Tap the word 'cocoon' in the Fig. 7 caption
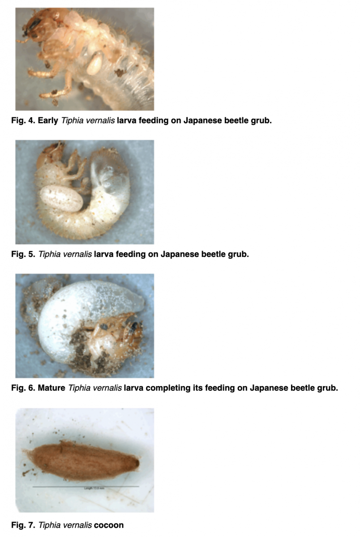(109, 524)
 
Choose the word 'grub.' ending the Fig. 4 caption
(260, 121)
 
